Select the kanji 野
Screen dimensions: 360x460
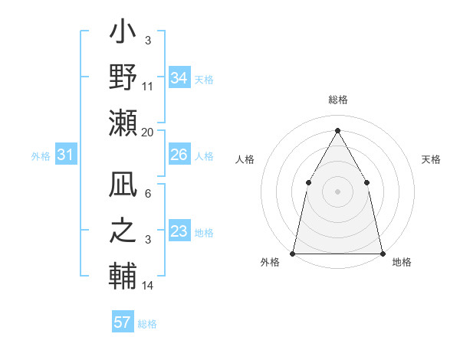pyautogui.click(x=123, y=78)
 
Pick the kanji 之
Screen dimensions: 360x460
pyautogui.click(x=123, y=231)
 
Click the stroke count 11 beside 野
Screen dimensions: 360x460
pyautogui.click(x=148, y=87)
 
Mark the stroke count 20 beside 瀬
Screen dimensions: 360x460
pyautogui.click(x=148, y=132)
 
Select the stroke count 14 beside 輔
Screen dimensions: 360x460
pyautogui.click(x=148, y=286)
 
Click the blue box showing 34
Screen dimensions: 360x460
pyautogui.click(x=179, y=78)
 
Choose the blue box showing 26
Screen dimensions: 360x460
pyautogui.click(x=179, y=155)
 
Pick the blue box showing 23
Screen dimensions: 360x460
pyautogui.click(x=179, y=231)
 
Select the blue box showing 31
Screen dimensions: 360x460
pyautogui.click(x=65, y=155)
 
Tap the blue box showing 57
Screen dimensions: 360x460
pyautogui.click(x=122, y=322)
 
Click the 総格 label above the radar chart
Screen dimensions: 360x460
pyautogui.click(x=337, y=100)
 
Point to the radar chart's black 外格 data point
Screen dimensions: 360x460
pyautogui.click(x=293, y=253)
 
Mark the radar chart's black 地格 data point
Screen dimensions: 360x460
pyautogui.click(x=382, y=253)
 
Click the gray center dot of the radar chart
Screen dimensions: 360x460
pyautogui.click(x=337, y=191)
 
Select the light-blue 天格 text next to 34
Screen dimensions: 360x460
pyautogui.click(x=203, y=79)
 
